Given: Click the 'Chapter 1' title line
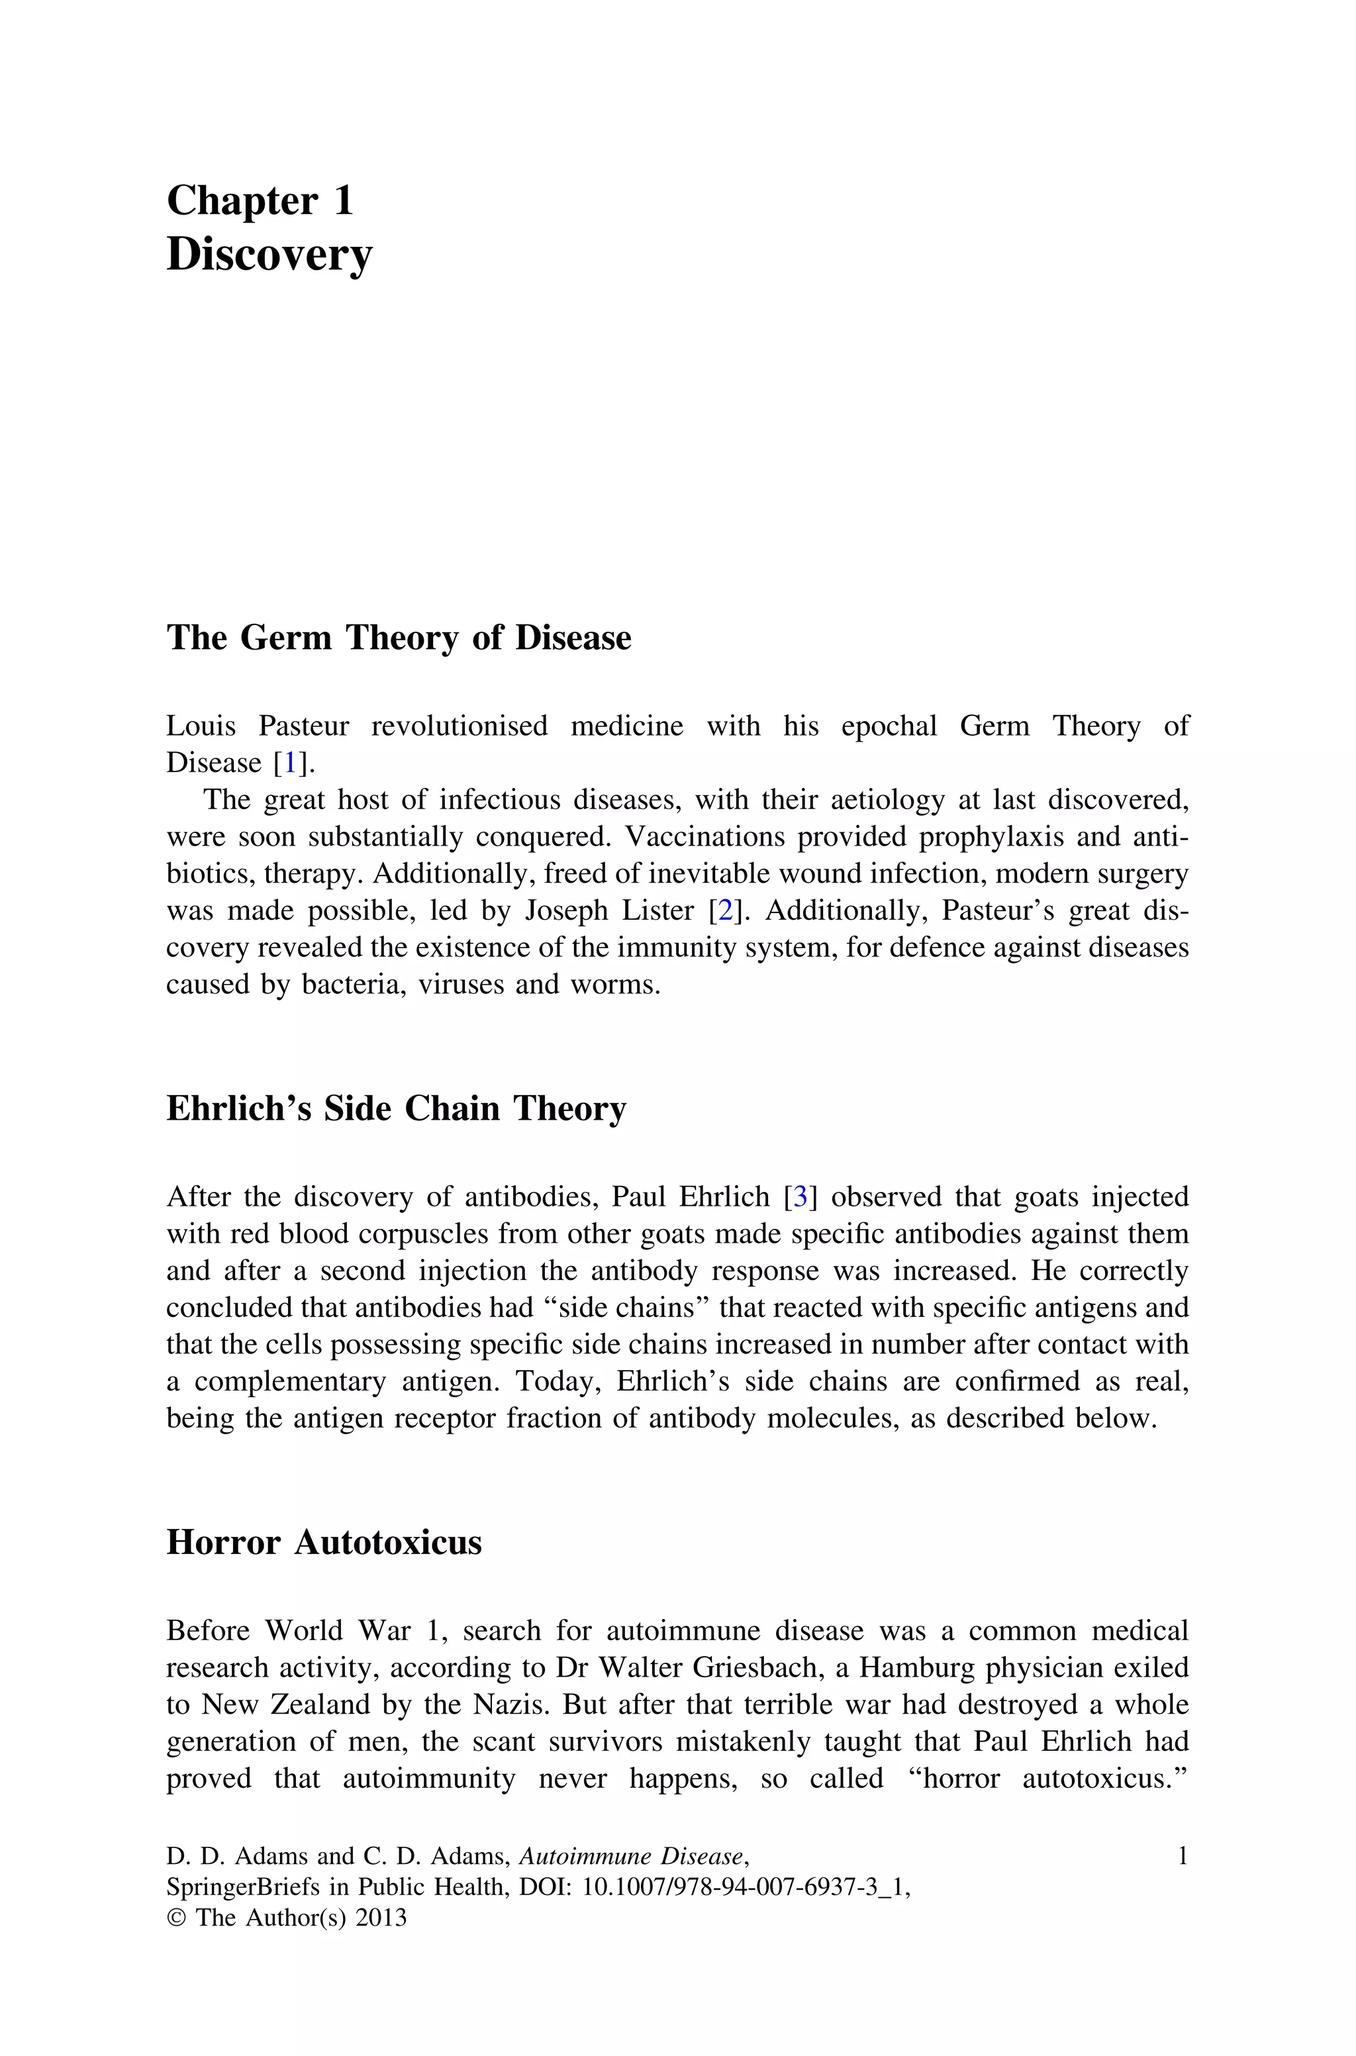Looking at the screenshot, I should (260, 201).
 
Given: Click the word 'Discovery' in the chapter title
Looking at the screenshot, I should (269, 255).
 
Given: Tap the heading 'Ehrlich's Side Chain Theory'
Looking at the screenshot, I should (396, 1108).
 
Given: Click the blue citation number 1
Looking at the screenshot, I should (291, 763).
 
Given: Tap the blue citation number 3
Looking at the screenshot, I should (800, 1197).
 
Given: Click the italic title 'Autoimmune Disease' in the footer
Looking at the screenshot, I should (630, 1856).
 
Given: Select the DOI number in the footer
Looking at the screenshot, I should (746, 1886).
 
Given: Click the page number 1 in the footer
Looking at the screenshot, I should (1182, 1855).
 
